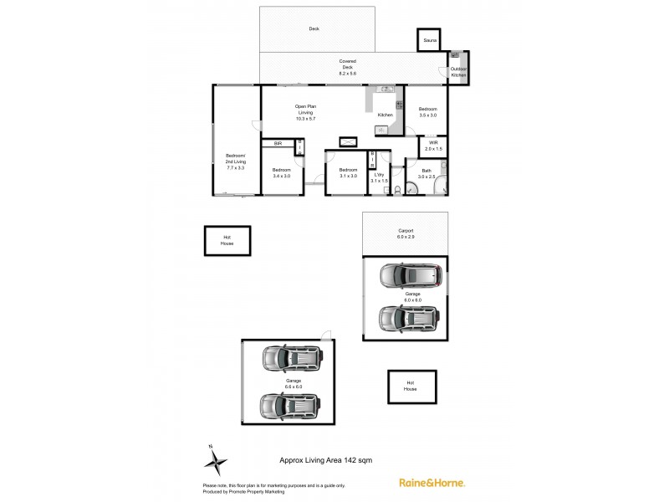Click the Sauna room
tap(429, 40)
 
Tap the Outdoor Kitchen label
tap(459, 72)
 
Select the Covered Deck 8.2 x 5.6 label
tap(348, 67)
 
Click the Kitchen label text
tap(385, 115)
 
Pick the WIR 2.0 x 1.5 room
tap(433, 146)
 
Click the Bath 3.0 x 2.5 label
tap(427, 174)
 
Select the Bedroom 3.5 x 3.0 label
tap(427, 112)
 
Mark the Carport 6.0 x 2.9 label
tap(406, 233)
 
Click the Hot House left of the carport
tap(227, 241)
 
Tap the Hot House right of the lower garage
tap(410, 387)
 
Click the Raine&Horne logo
tap(432, 483)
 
